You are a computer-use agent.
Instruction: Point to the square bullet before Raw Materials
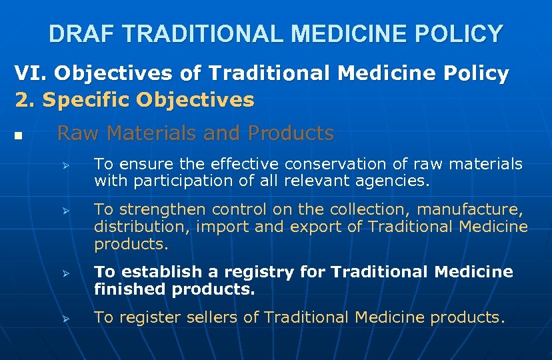(18, 137)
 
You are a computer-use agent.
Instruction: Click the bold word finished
(130, 289)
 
